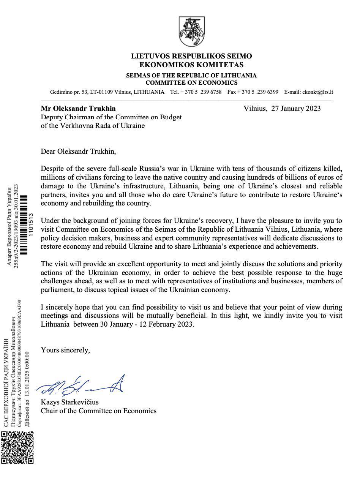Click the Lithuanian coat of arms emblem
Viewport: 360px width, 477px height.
click(191, 32)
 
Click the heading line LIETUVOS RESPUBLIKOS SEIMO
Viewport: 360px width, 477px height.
click(191, 56)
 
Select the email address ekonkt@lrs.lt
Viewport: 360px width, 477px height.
click(317, 92)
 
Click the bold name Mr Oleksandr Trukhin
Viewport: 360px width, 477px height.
click(78, 109)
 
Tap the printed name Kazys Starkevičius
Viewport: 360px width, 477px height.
click(69, 402)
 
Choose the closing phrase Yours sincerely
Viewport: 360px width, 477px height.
click(65, 350)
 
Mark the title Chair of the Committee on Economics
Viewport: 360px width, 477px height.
click(99, 411)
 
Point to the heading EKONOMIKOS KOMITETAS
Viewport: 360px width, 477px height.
click(191, 65)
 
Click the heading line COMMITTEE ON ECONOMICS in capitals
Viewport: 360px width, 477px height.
click(191, 83)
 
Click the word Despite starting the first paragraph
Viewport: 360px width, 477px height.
click(53, 169)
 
